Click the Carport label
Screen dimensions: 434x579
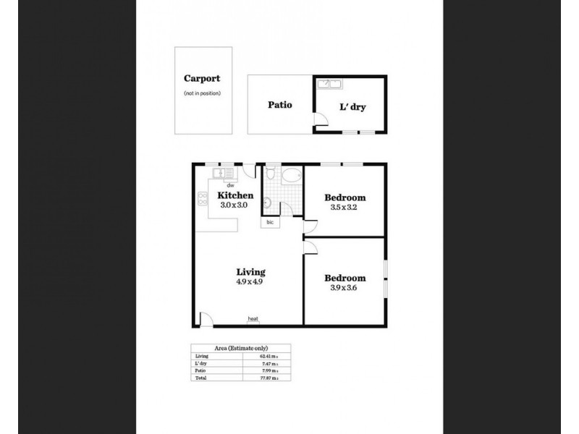coord(202,80)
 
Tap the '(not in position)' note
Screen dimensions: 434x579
coord(202,93)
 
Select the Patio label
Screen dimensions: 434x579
coord(279,105)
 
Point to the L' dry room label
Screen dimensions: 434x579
coord(352,106)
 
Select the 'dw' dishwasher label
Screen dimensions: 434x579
coord(229,185)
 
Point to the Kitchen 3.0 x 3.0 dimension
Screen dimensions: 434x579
coord(234,205)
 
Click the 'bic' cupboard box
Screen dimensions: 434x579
coord(269,223)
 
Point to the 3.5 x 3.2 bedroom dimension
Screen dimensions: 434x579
coord(345,207)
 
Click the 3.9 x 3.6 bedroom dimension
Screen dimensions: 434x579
coord(345,287)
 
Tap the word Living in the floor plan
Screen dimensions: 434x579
coord(250,273)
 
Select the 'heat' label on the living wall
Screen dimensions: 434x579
coord(253,319)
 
